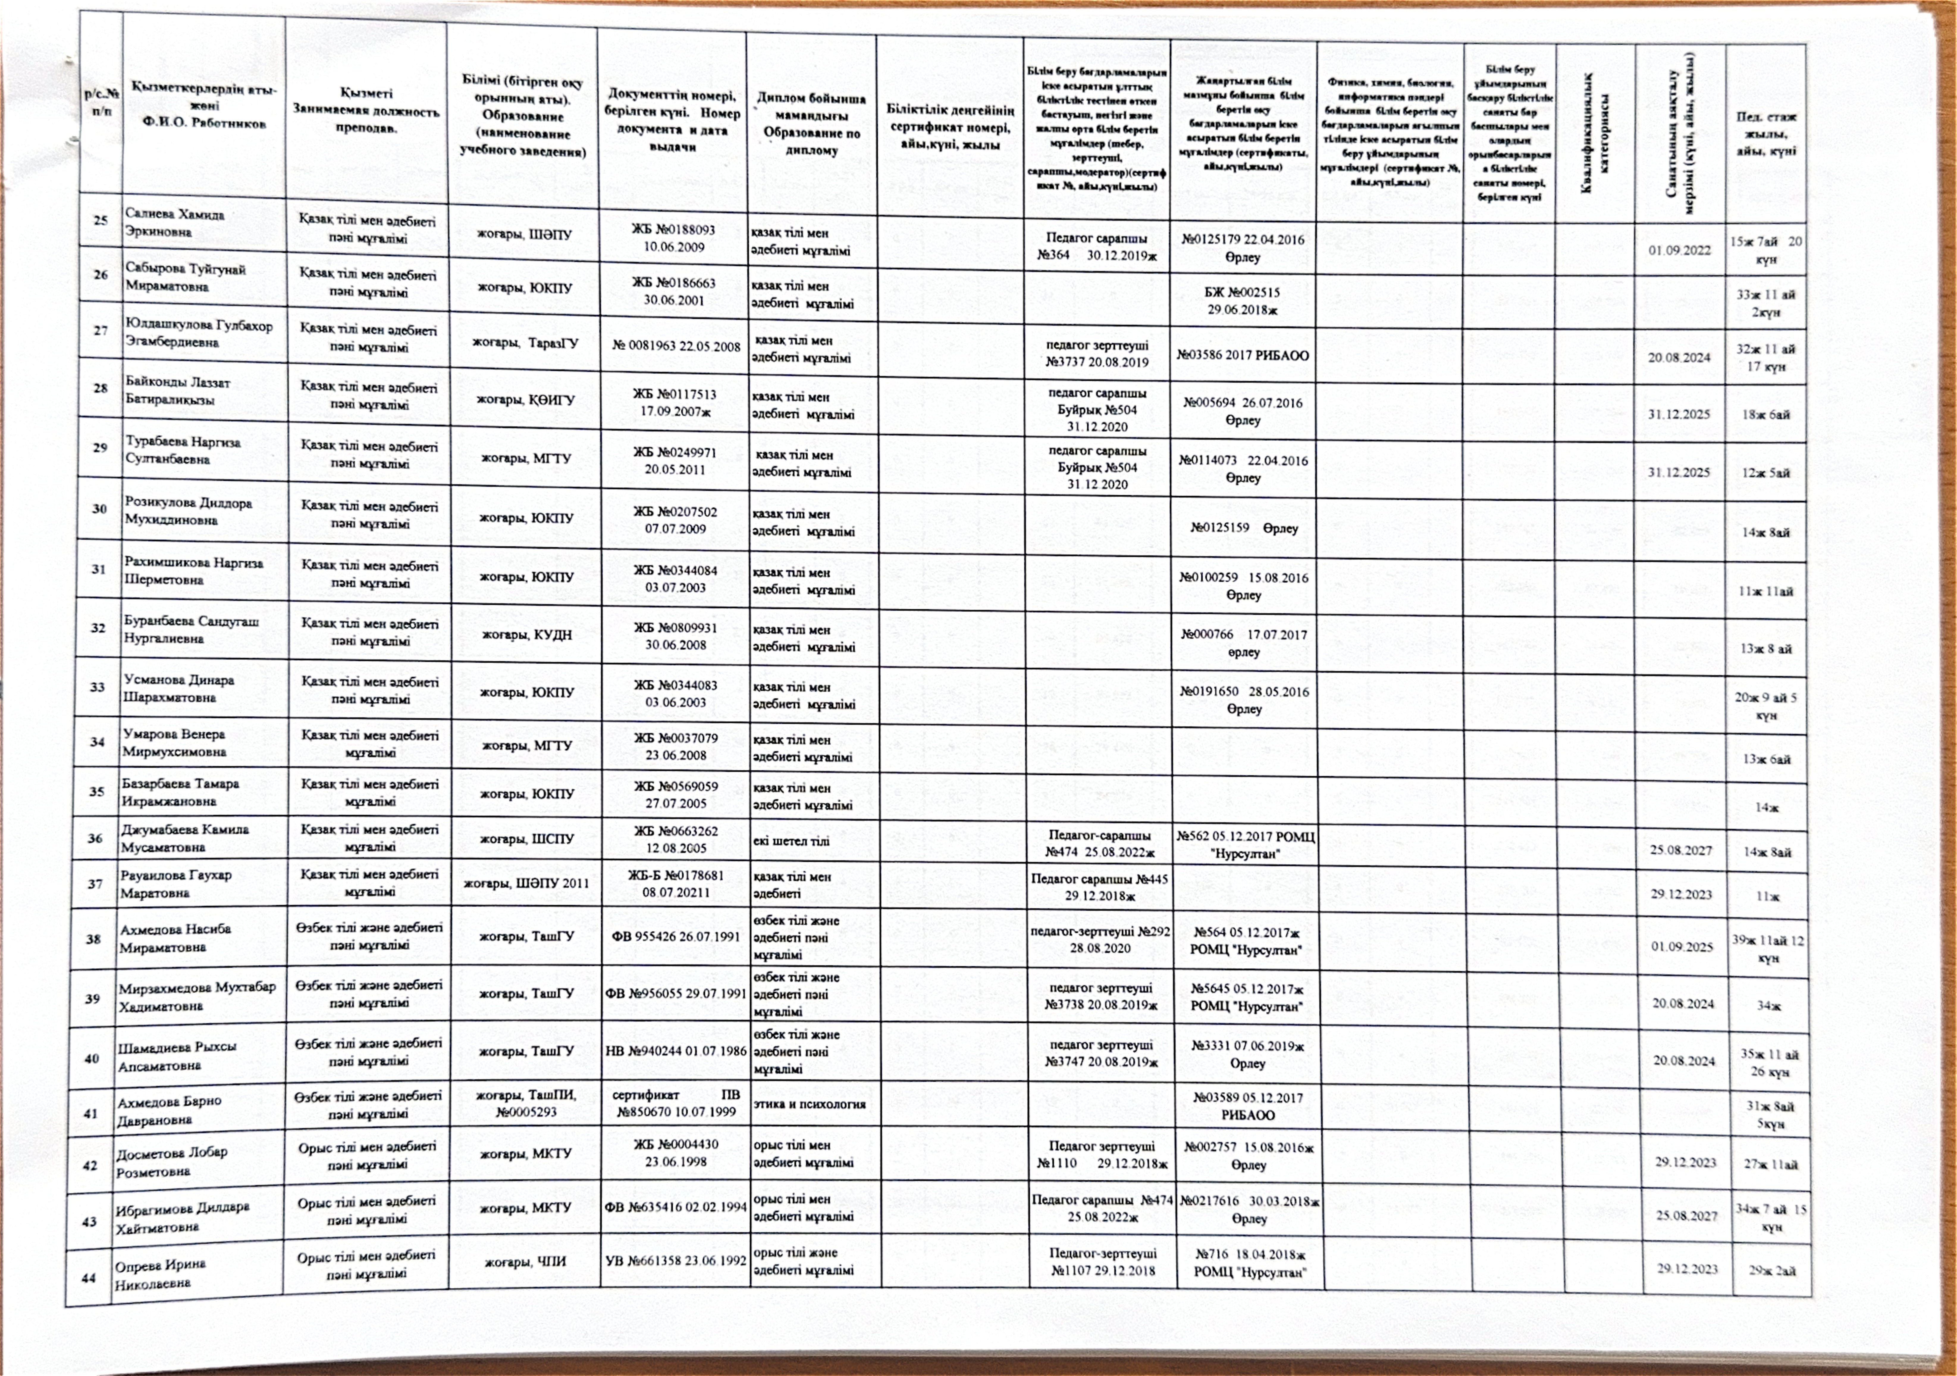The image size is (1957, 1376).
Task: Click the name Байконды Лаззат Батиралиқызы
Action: click(177, 391)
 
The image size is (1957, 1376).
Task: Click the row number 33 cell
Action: click(97, 687)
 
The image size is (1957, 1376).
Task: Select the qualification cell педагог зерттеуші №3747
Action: click(1100, 1053)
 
